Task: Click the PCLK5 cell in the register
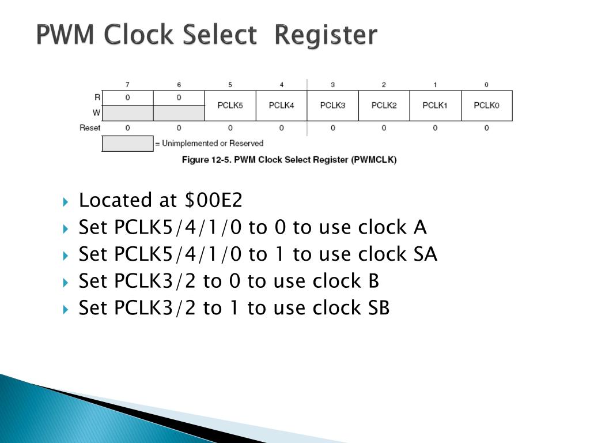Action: (x=230, y=106)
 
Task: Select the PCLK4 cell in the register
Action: (x=281, y=106)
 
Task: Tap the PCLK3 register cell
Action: (x=332, y=106)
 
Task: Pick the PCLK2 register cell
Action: (x=384, y=106)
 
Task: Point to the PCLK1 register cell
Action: (x=435, y=106)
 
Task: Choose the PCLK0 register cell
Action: (x=486, y=106)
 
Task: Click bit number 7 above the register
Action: (x=127, y=85)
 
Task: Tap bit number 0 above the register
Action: (x=486, y=85)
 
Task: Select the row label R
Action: (x=97, y=97)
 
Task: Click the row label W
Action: (x=97, y=113)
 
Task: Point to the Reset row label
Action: (x=90, y=127)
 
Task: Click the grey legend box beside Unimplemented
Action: (x=127, y=143)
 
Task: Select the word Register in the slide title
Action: (x=326, y=35)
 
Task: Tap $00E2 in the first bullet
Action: (x=214, y=201)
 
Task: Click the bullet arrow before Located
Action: (x=66, y=202)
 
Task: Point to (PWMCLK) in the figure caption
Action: (x=373, y=160)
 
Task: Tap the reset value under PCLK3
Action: (x=332, y=127)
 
